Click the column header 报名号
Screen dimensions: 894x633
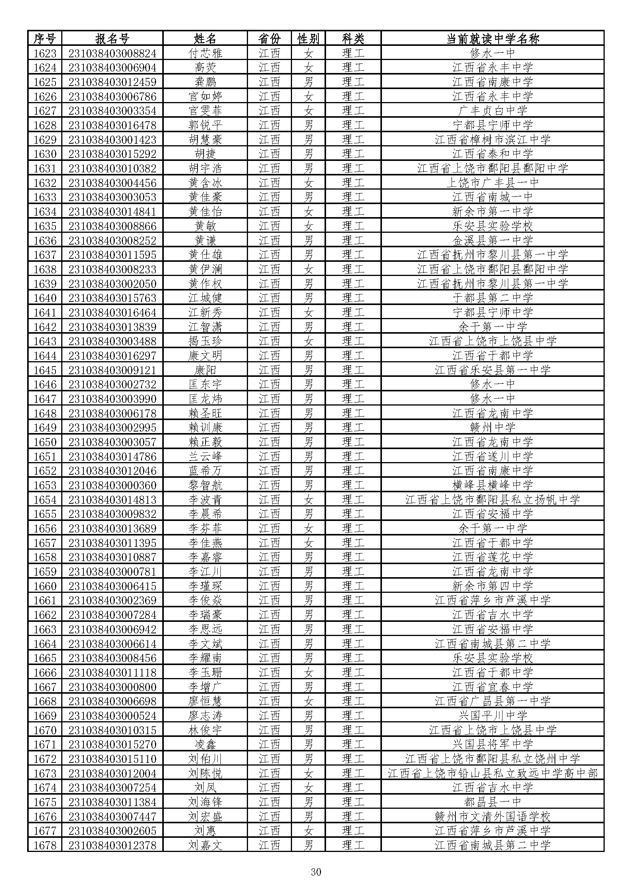pos(112,39)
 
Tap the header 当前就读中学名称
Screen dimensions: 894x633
pos(492,39)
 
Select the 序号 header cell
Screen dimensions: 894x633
pos(45,39)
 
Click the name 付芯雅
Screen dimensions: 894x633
pos(205,53)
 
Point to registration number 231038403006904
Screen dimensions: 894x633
pos(112,68)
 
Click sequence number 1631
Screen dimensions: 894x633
pos(45,169)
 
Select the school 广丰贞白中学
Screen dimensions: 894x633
pos(492,111)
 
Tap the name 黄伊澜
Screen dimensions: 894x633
pos(205,269)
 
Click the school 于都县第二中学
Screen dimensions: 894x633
pos(492,298)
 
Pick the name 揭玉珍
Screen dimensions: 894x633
pos(205,341)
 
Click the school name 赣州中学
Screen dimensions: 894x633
pos(492,428)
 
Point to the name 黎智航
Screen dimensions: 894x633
pos(205,485)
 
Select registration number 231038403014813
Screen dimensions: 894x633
pos(112,500)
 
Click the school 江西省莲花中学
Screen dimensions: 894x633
pos(492,557)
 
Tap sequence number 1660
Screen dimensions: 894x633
pos(45,586)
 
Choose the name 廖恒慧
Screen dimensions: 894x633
pos(205,701)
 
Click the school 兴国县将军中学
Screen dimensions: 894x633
pos(492,745)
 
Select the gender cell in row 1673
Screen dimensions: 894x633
pos(308,773)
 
